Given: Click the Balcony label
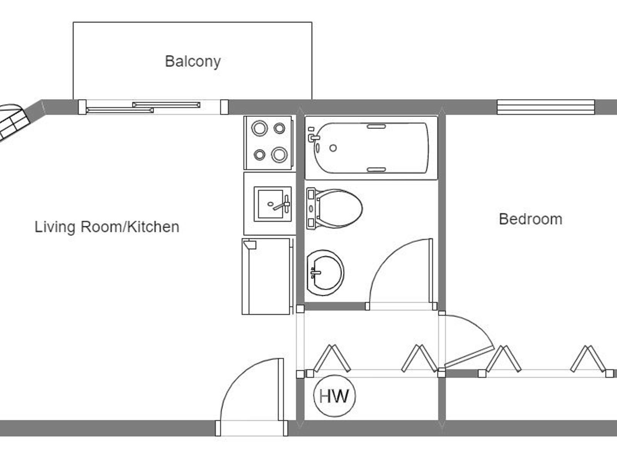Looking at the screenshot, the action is [x=193, y=62].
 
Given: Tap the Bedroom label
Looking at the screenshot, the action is [x=530, y=219].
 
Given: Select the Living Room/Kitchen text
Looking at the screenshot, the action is [x=107, y=227].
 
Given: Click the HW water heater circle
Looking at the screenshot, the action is [x=334, y=396].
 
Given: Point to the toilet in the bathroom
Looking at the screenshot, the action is [x=334, y=208].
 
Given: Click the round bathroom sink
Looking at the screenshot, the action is [x=325, y=273].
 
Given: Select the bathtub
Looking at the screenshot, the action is [x=371, y=148].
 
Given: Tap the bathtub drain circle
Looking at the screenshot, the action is [x=333, y=148].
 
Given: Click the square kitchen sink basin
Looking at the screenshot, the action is [x=270, y=204].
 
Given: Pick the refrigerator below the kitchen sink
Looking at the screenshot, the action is [x=267, y=276].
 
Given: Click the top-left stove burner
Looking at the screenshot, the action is [x=260, y=128].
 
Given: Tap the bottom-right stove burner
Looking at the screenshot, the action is [x=280, y=155].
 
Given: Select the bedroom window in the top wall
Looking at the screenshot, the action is [x=546, y=107].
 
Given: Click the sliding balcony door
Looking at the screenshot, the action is [x=153, y=107].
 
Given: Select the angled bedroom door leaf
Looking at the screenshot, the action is [x=469, y=357].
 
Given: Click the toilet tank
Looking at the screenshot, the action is [x=311, y=208].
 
